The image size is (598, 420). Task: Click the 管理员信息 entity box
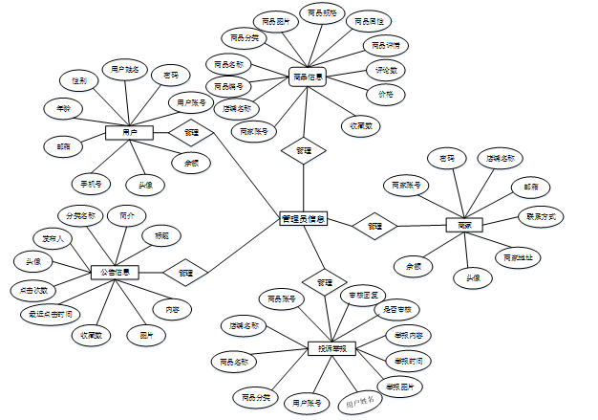pyautogui.click(x=303, y=219)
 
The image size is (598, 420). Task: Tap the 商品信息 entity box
pyautogui.click(x=307, y=77)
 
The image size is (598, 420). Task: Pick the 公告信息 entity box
pyautogui.click(x=115, y=272)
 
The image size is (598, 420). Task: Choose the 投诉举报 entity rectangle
pyautogui.click(x=331, y=349)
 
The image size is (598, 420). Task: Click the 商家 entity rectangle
pyautogui.click(x=464, y=226)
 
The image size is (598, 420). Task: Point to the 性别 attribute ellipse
pyautogui.click(x=78, y=81)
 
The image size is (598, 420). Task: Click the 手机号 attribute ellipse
pyautogui.click(x=92, y=182)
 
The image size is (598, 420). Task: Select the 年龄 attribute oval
pyautogui.click(x=62, y=109)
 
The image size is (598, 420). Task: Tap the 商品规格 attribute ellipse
pyautogui.click(x=322, y=13)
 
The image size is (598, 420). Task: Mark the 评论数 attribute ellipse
pyautogui.click(x=388, y=70)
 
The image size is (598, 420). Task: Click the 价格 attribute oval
pyautogui.click(x=386, y=94)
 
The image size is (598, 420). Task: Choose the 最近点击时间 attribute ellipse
pyautogui.click(x=46, y=313)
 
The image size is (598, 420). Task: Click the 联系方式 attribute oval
pyautogui.click(x=540, y=217)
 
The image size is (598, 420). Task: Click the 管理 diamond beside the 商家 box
pyautogui.click(x=374, y=226)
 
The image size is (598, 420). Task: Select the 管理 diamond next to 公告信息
pyautogui.click(x=185, y=272)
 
